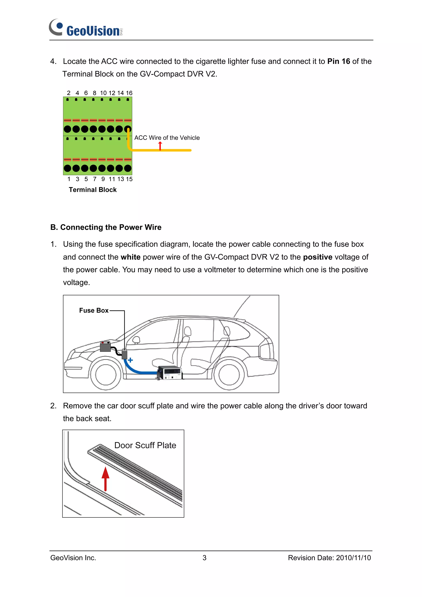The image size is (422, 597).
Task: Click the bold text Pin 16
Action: click(x=339, y=61)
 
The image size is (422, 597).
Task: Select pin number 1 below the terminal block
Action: click(x=69, y=179)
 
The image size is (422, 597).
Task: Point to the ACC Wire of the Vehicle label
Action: click(x=167, y=138)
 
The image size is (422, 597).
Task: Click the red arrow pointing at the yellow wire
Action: click(x=160, y=146)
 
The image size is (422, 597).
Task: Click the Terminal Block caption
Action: click(x=93, y=190)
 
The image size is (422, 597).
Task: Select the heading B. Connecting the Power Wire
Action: click(x=106, y=227)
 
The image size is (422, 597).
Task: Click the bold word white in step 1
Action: click(x=130, y=257)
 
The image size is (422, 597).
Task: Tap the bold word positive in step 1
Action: click(x=318, y=257)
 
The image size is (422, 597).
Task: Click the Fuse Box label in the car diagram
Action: click(x=94, y=311)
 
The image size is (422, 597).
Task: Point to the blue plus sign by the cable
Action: click(x=130, y=360)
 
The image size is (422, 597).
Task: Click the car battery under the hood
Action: click(x=105, y=347)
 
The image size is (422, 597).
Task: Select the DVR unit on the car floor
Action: click(x=170, y=373)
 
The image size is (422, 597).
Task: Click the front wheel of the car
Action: click(x=105, y=375)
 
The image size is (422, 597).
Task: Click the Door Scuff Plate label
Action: click(x=145, y=445)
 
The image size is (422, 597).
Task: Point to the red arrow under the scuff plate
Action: click(x=105, y=479)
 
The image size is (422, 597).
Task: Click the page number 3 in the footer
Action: click(x=204, y=558)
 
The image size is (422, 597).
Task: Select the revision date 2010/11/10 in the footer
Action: click(x=353, y=558)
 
